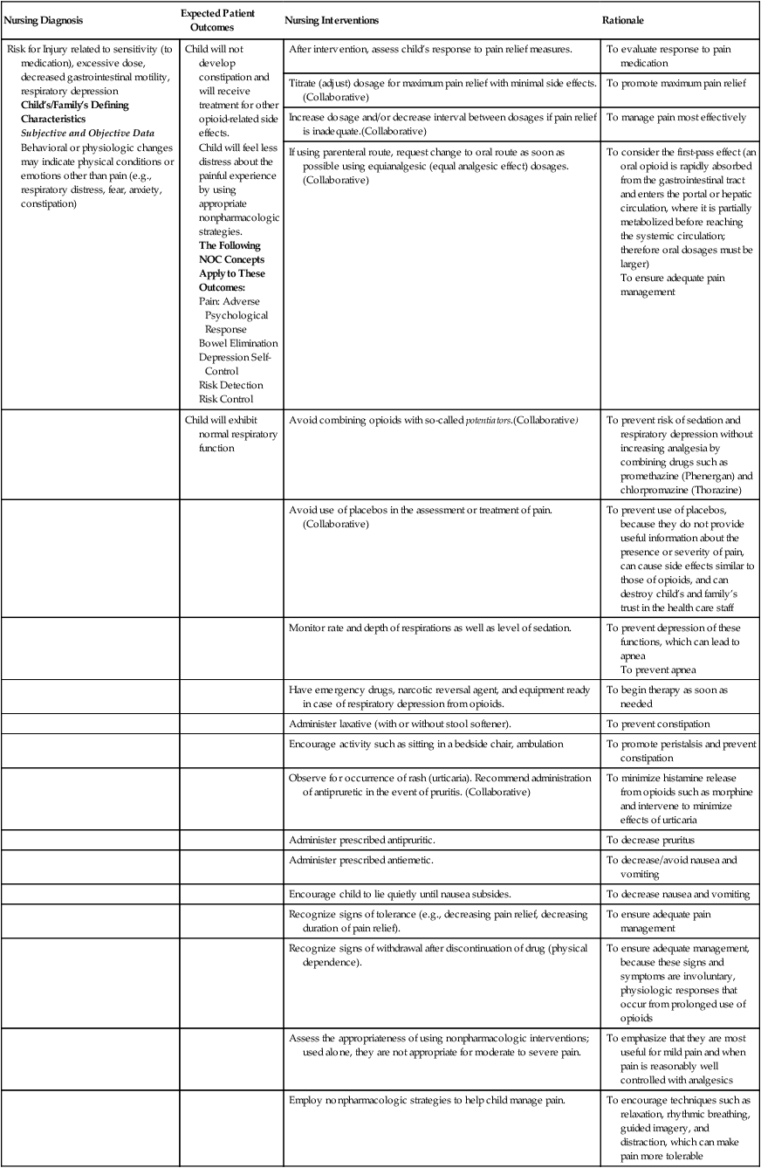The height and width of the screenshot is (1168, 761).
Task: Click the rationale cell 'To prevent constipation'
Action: click(x=658, y=724)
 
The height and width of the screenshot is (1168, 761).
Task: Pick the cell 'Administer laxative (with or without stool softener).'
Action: click(x=400, y=724)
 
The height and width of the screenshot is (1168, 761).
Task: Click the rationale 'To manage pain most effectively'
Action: click(x=676, y=117)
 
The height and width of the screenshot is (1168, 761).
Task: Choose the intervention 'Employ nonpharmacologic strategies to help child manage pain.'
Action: click(x=428, y=1100)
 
